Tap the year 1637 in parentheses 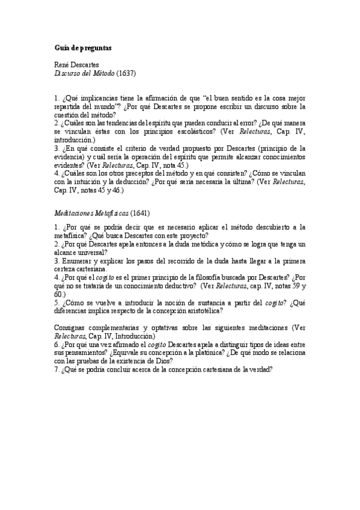(x=126, y=73)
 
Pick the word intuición (x=100, y=182)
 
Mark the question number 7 (x=56, y=370)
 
